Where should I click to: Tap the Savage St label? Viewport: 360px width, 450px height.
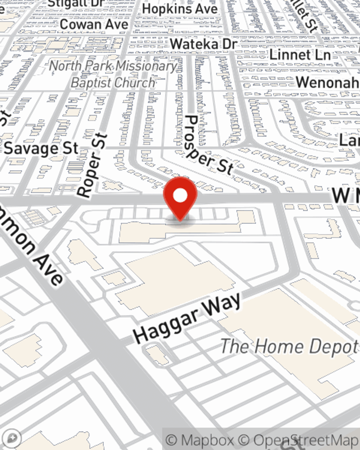(x=41, y=148)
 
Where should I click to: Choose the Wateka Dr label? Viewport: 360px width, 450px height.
(x=204, y=44)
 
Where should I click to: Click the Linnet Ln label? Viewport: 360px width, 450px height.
(x=300, y=55)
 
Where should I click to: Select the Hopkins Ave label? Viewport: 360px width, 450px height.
(x=180, y=9)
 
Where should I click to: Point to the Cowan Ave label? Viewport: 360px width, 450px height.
(x=94, y=24)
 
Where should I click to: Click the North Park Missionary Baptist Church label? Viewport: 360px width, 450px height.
(x=113, y=74)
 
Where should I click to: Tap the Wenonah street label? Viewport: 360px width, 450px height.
(x=327, y=82)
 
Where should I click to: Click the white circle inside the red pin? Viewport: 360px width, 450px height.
(x=180, y=196)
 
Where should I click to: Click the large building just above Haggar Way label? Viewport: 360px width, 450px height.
(x=173, y=281)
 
